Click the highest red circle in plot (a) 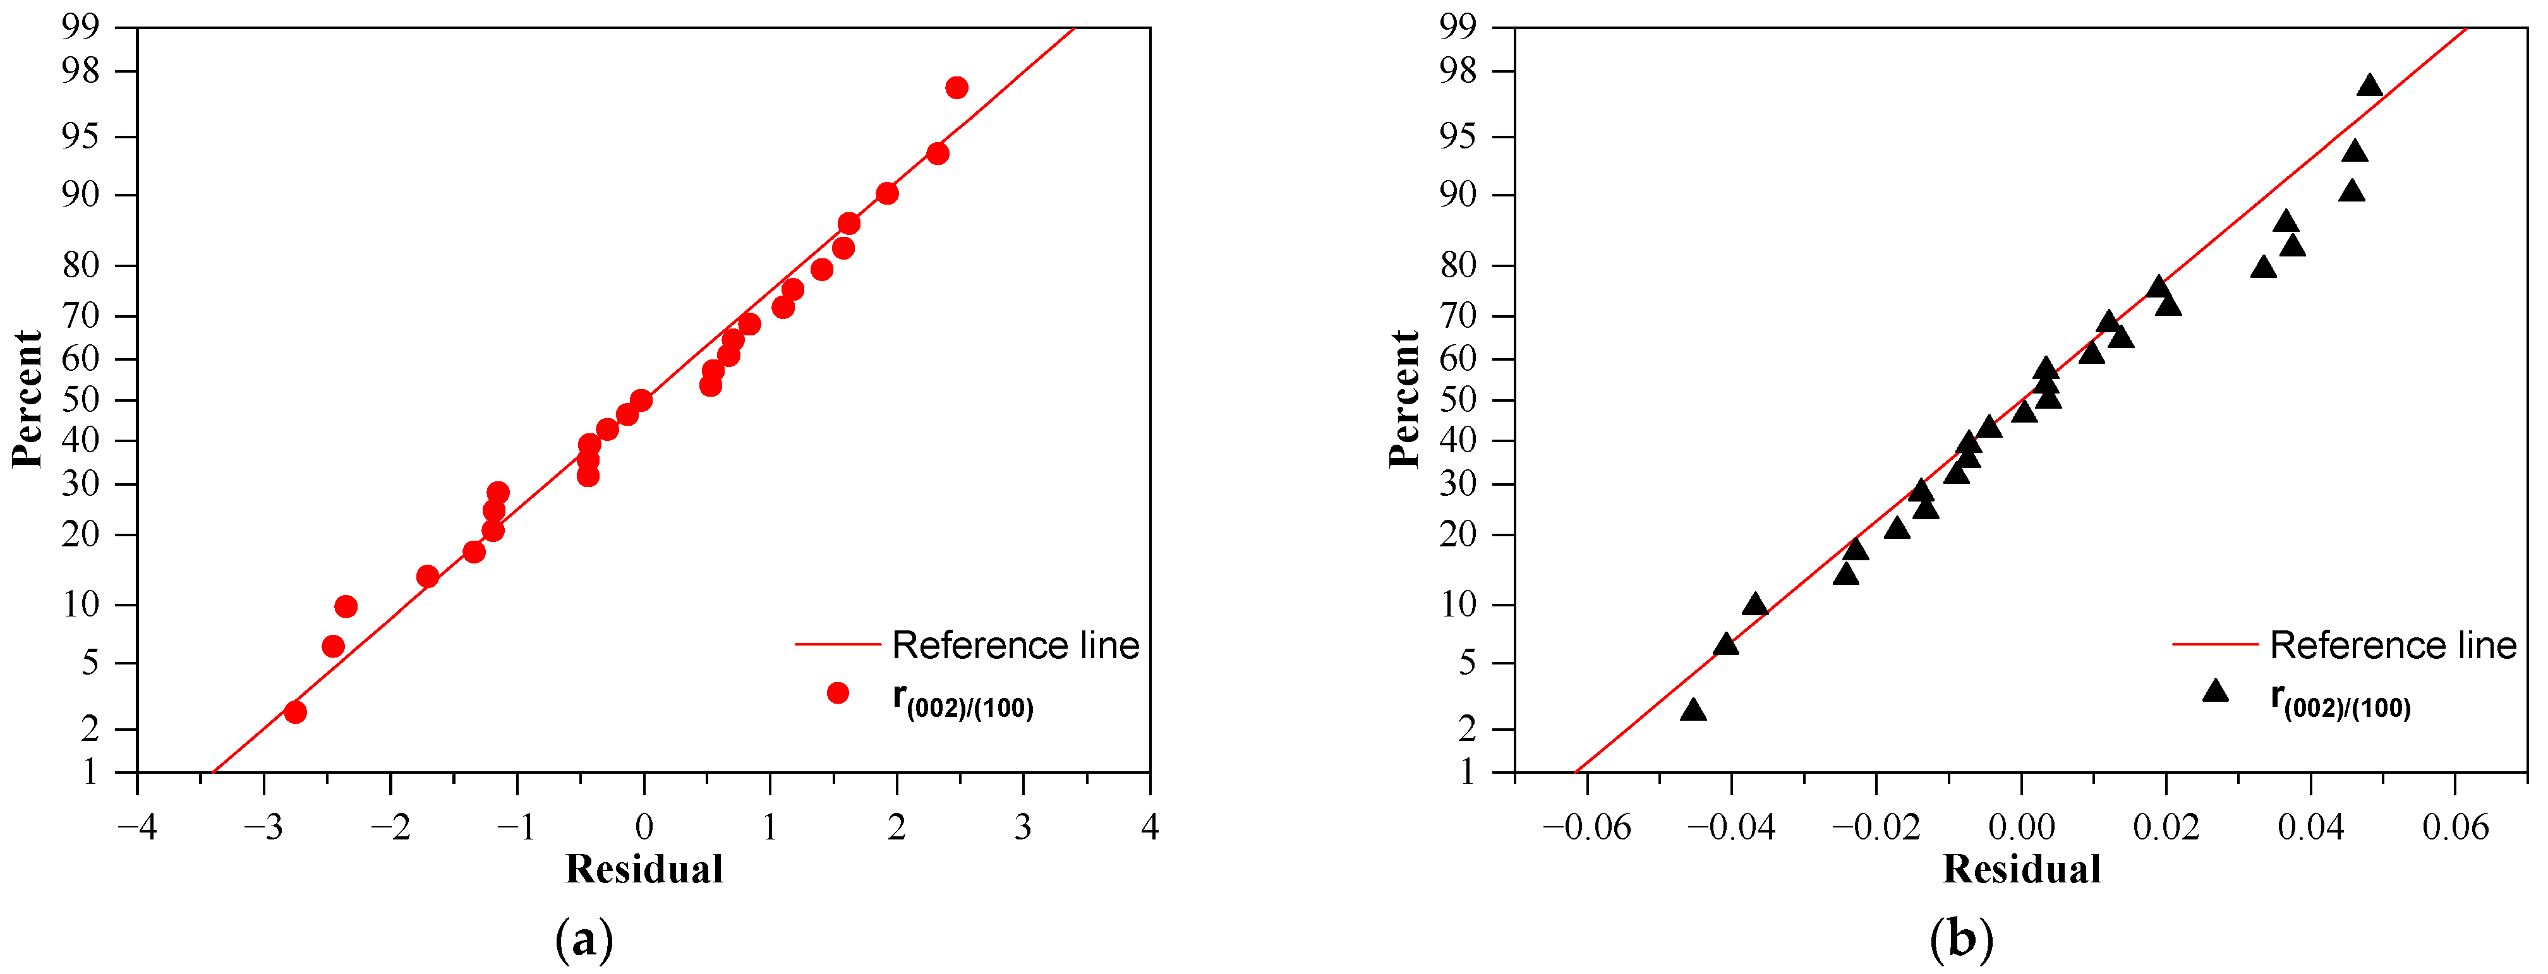(957, 88)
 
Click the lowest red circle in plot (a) (295, 712)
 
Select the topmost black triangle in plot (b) (2369, 86)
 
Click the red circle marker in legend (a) (838, 693)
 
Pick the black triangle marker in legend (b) (2216, 691)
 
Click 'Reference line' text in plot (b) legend (2393, 646)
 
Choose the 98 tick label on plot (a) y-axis (80, 71)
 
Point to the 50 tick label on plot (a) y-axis (80, 399)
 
